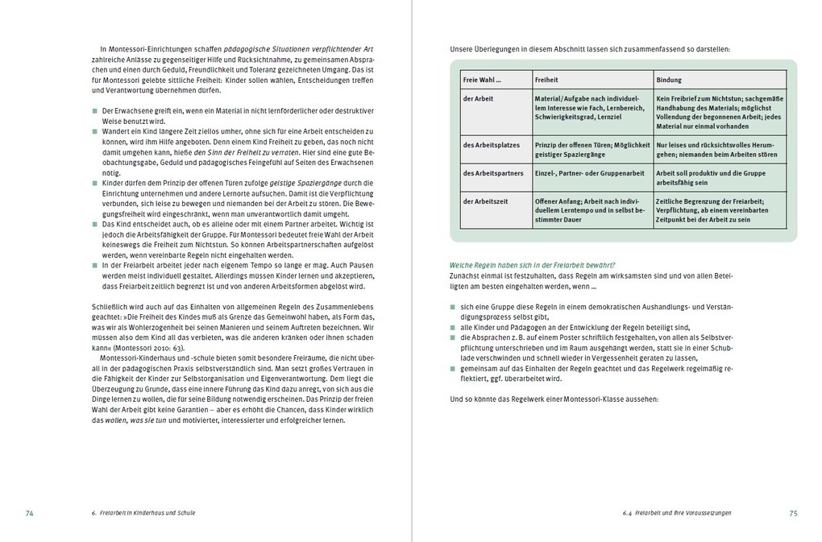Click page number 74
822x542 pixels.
(x=29, y=512)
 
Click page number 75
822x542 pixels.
(x=793, y=512)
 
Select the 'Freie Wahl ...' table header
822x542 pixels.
(x=482, y=80)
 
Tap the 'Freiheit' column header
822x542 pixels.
(x=546, y=80)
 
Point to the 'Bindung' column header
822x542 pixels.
(x=669, y=80)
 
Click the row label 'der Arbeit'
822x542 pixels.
(x=478, y=98)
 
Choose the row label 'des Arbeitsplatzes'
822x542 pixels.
(x=490, y=145)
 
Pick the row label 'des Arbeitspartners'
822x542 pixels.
(x=492, y=172)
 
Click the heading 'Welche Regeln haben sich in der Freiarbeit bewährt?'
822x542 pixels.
(x=533, y=265)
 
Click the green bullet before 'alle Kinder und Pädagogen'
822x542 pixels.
(x=453, y=327)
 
